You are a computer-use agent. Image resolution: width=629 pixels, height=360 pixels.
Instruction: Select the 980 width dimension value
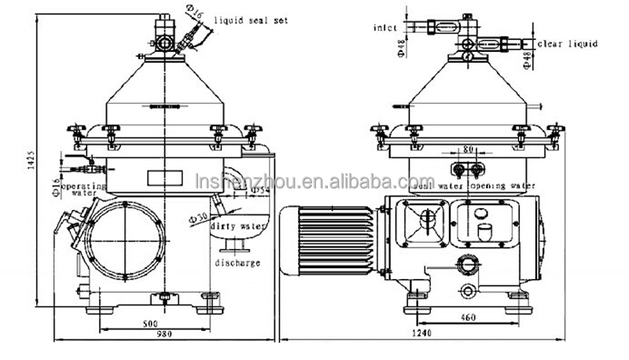tap(163, 335)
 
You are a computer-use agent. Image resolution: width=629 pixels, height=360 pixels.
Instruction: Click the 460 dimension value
tap(469, 319)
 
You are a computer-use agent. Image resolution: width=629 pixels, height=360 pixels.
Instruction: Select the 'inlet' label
tap(385, 28)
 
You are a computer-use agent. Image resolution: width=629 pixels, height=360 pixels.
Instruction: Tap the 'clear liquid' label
tap(568, 44)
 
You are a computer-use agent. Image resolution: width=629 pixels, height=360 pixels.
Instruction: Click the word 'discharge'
tap(236, 263)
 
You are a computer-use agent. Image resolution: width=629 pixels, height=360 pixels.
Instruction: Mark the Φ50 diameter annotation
tap(200, 215)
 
